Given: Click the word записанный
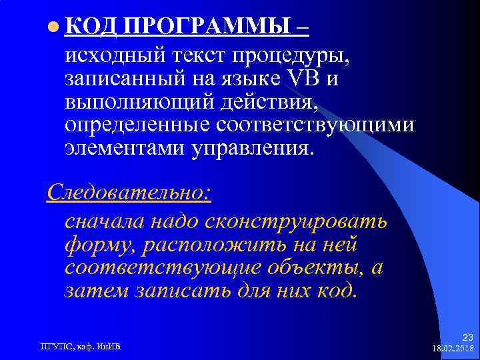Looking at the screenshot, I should click(124, 79).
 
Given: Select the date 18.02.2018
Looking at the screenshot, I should click(453, 348).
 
